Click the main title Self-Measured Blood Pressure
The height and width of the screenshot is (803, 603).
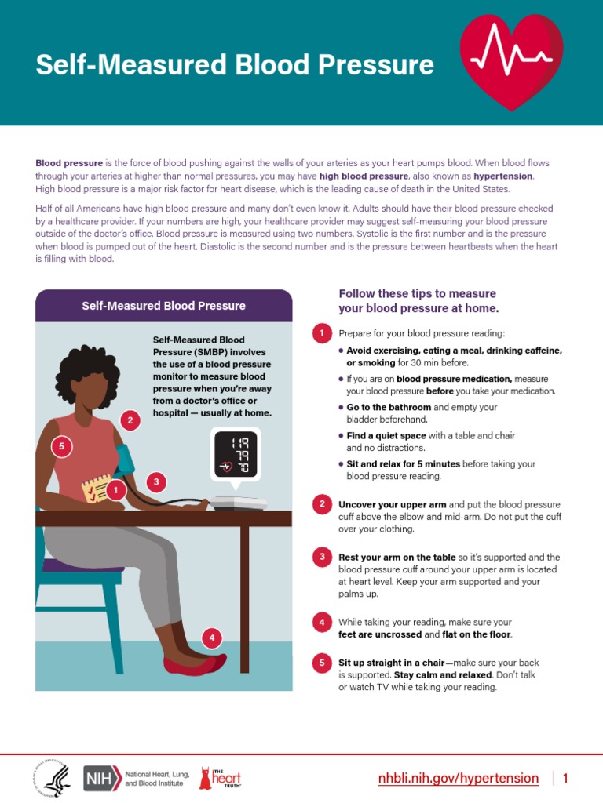click(x=234, y=64)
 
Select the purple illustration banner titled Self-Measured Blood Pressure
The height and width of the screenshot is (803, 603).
click(x=163, y=306)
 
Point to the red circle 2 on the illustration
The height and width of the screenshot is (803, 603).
click(x=130, y=421)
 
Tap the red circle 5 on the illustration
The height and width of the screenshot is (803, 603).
click(x=61, y=448)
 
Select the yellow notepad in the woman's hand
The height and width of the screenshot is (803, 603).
click(x=97, y=489)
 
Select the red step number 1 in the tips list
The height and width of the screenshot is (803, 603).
click(x=320, y=333)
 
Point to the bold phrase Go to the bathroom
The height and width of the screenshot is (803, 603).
click(x=389, y=408)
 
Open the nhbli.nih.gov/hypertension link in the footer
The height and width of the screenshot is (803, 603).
click(x=459, y=778)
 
